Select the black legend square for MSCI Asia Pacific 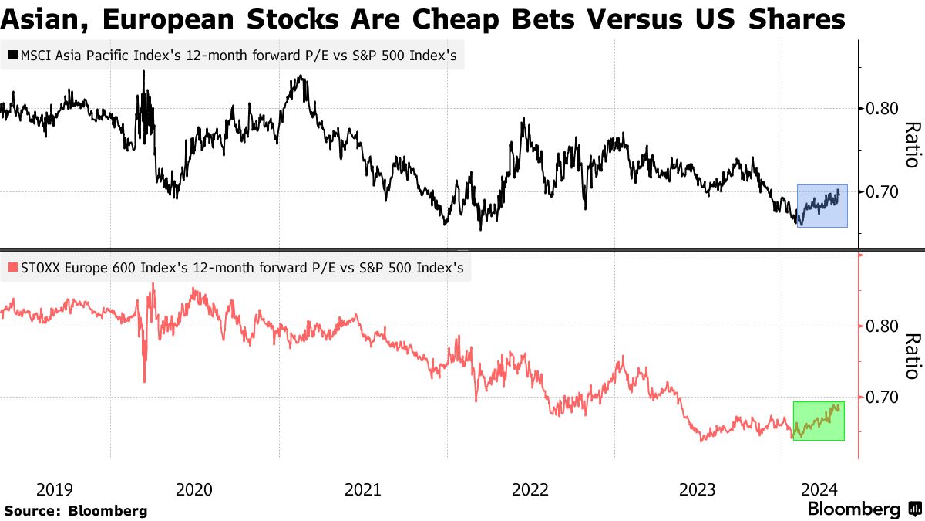coord(12,56)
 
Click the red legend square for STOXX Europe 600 coord(12,269)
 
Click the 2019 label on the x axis coord(55,489)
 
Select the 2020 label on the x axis coord(194,489)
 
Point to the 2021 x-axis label coord(362,489)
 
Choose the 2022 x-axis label coord(530,489)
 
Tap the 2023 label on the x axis coord(698,489)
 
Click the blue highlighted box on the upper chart coord(822,206)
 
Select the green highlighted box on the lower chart coord(819,421)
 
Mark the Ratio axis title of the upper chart coord(913,145)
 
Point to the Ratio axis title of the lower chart coord(913,357)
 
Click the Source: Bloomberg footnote coord(76,510)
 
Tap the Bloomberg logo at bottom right coord(863,509)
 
